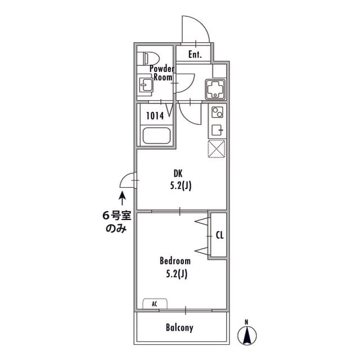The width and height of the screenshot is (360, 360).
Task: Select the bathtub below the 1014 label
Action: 156,136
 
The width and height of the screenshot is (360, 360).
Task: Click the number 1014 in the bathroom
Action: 155,116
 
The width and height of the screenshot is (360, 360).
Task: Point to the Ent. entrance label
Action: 195,55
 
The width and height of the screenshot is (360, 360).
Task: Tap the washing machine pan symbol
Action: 215,89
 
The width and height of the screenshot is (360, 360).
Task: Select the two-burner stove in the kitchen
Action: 217,112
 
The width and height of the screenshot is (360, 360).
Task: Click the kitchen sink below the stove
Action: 217,130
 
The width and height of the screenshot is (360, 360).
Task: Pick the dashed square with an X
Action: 217,149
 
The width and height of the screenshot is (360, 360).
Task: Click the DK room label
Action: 178,174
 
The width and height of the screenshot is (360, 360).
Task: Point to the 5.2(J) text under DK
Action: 181,186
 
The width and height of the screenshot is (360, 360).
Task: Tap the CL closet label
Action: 220,235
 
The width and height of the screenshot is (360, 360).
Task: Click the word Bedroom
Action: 175,261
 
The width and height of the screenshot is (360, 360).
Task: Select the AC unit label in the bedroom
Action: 155,304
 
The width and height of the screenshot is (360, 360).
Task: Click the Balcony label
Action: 179,327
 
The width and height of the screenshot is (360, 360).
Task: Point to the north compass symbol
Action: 247,335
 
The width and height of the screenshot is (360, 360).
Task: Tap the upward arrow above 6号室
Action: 122,199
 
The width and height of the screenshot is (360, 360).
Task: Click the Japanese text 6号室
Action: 116,216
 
